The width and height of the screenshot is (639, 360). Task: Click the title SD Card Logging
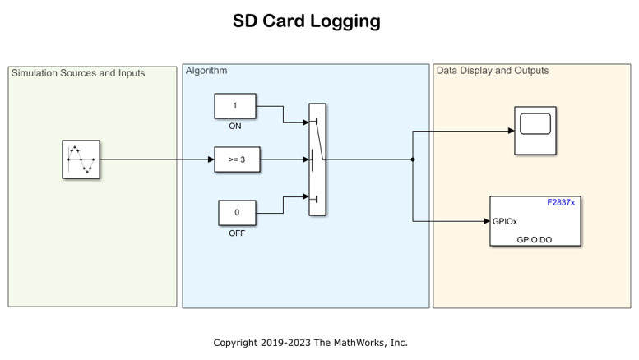coord(306,21)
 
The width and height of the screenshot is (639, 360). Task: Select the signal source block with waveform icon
coord(81,159)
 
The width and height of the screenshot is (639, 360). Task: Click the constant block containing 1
coord(235,106)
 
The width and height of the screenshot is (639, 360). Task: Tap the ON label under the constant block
coord(235,127)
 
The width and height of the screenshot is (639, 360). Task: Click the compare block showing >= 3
coord(238,159)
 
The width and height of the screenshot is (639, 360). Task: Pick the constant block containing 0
coord(237,212)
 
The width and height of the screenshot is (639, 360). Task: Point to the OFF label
coord(237,233)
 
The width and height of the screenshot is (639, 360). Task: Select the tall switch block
coord(317,159)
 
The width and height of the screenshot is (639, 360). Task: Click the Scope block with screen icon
coord(535,130)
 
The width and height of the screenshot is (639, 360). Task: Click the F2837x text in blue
coord(561,202)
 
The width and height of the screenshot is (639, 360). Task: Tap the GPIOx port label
coord(505,221)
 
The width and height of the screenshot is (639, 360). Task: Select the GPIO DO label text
coord(535,240)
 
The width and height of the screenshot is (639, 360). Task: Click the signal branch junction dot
coord(412,159)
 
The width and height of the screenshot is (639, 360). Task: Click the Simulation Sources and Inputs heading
coord(78,73)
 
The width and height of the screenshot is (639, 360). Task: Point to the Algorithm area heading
coord(206,71)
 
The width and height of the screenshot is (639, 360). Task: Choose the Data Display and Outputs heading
coord(492,71)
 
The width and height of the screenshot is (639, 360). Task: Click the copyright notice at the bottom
coord(310,343)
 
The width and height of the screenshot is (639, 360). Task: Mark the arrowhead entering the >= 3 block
coord(211,159)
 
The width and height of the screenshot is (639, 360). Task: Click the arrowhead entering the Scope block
coord(511,131)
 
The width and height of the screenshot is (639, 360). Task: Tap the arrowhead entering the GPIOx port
coord(486,221)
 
